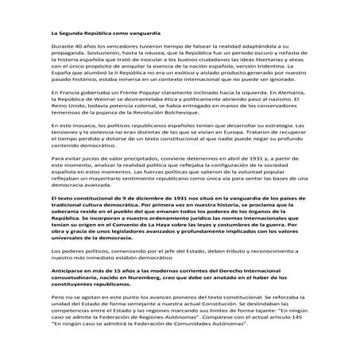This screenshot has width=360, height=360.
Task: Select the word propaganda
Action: [69, 57]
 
